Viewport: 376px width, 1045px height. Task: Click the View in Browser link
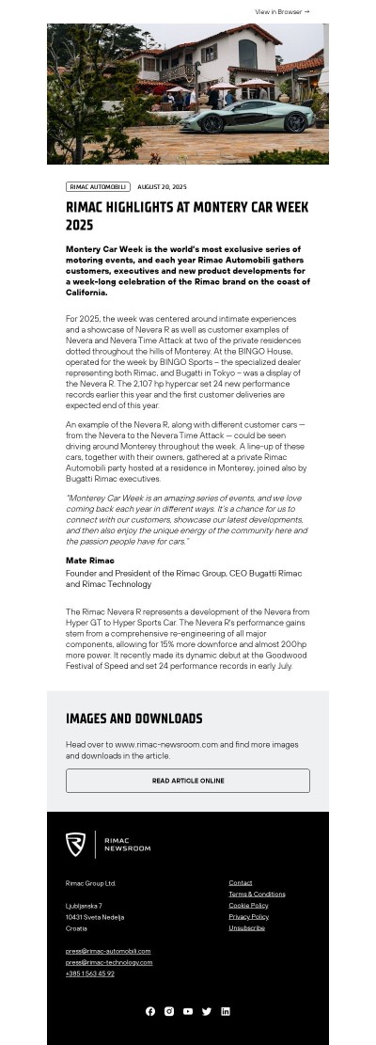click(282, 12)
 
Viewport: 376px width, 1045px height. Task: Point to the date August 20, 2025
click(162, 187)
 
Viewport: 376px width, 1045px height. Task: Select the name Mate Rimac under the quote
click(89, 561)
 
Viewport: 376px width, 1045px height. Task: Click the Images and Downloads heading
click(134, 719)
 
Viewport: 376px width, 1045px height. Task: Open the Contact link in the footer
click(241, 883)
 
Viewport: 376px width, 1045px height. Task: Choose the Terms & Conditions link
click(257, 895)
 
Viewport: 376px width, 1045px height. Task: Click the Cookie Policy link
click(248, 906)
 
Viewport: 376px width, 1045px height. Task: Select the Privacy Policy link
click(248, 916)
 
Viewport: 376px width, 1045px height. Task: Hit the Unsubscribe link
click(246, 927)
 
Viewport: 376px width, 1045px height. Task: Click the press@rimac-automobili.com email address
click(108, 951)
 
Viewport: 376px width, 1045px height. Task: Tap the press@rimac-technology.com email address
click(109, 962)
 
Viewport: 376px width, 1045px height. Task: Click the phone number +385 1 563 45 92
click(90, 974)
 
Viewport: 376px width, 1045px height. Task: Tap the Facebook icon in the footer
click(150, 1011)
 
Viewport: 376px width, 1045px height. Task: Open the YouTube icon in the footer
click(188, 1011)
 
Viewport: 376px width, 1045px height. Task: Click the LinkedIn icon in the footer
click(226, 1011)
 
